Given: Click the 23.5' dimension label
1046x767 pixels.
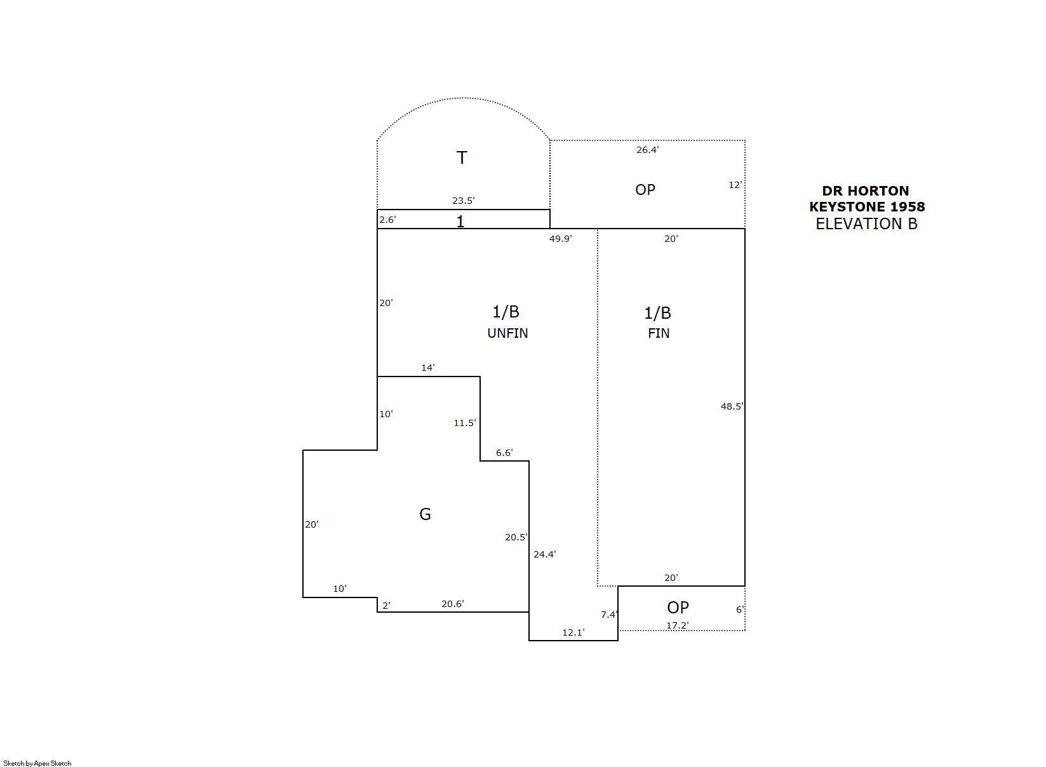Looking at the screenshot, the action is pyautogui.click(x=463, y=201).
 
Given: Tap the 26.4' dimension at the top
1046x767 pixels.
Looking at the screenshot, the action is pyautogui.click(x=648, y=150).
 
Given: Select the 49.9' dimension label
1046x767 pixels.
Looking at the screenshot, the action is pyautogui.click(x=560, y=239).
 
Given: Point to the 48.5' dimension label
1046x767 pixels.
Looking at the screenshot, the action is pyautogui.click(x=732, y=406).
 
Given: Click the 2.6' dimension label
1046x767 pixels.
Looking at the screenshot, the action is pyautogui.click(x=387, y=220).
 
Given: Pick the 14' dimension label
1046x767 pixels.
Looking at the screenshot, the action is pyautogui.click(x=428, y=368).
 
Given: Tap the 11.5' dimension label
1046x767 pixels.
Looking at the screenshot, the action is pyautogui.click(x=465, y=422).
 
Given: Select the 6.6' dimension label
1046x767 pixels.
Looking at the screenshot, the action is pyautogui.click(x=504, y=452).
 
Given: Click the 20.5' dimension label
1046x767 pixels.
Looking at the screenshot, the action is pyautogui.click(x=516, y=537).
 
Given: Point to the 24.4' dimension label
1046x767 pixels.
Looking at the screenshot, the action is pyautogui.click(x=545, y=554).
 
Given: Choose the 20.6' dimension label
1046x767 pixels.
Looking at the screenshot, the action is pyautogui.click(x=453, y=604).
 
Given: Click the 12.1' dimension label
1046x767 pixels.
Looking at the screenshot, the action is pyautogui.click(x=573, y=632).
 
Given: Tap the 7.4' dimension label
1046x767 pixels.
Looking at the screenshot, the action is pyautogui.click(x=610, y=615).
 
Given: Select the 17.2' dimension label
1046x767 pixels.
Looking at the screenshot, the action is pyautogui.click(x=678, y=625).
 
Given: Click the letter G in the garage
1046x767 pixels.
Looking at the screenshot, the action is pyautogui.click(x=425, y=514).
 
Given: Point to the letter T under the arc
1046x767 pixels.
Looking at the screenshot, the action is pyautogui.click(x=462, y=158).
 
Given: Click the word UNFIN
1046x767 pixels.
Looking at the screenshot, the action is pyautogui.click(x=507, y=333).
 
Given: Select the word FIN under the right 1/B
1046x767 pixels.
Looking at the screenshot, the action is pyautogui.click(x=659, y=333).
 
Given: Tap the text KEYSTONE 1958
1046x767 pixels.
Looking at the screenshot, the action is pyautogui.click(x=867, y=206).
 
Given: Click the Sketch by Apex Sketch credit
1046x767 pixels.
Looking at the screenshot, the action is pyautogui.click(x=37, y=763).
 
